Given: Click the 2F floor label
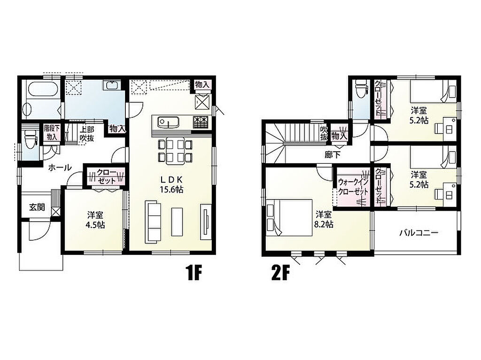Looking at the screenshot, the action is (x=280, y=274).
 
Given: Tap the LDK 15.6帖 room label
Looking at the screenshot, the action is (x=171, y=184).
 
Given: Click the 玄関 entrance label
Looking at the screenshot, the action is (x=37, y=207).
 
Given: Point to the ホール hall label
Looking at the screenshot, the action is (x=60, y=168).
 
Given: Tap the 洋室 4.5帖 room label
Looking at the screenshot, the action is (x=95, y=220).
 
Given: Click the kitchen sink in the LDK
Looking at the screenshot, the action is (x=168, y=123).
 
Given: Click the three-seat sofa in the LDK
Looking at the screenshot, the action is (x=153, y=222).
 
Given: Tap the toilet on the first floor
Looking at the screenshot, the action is (x=30, y=139).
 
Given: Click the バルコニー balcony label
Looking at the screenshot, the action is (x=419, y=233).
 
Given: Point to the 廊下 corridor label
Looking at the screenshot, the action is (x=332, y=155).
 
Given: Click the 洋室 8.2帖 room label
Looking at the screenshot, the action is (x=324, y=219).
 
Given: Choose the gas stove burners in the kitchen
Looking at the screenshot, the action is (x=201, y=123).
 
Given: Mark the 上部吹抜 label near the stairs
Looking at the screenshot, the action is (x=87, y=134).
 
